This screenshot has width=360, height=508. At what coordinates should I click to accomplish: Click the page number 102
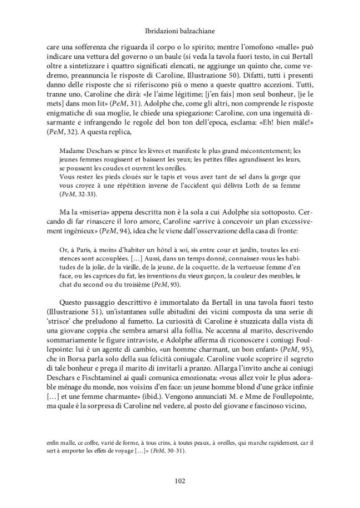180,480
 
